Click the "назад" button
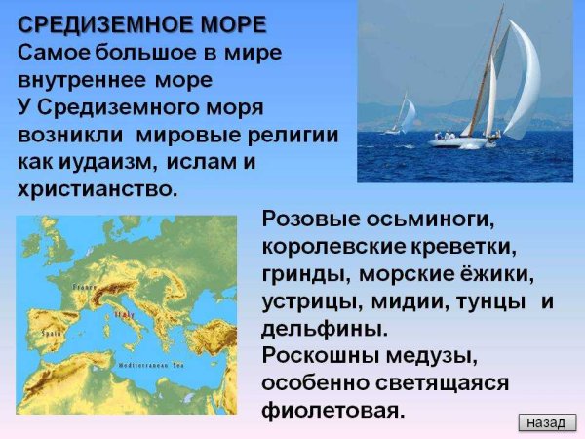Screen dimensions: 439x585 [x=546, y=422]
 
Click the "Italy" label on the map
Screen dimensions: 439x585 [x=125, y=315]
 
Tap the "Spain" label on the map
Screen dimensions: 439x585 [x=51, y=332]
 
